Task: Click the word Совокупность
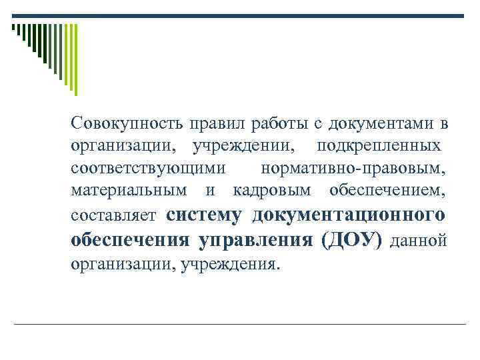click(126, 125)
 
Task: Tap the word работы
click(275, 125)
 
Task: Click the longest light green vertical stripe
click(75, 59)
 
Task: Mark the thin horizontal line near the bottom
click(240, 323)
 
